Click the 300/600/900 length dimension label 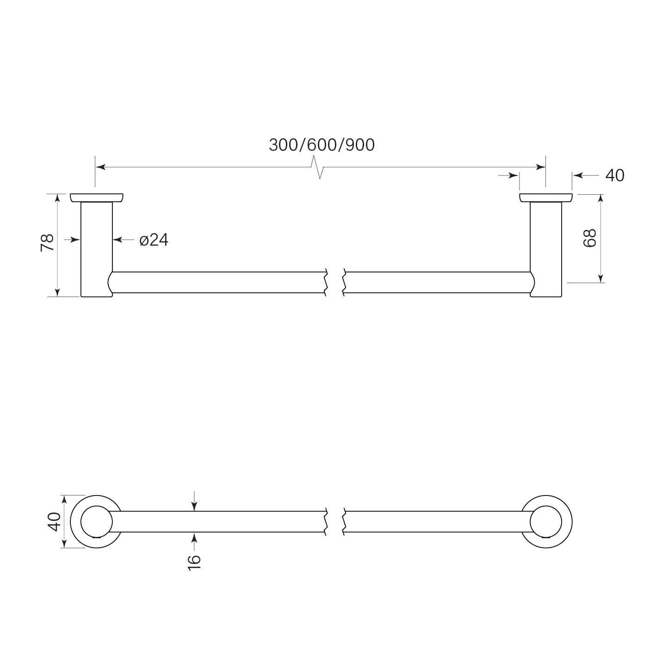click(322, 145)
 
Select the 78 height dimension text click(47, 243)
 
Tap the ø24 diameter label click(154, 240)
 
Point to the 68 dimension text click(590, 238)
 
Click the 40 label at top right click(615, 176)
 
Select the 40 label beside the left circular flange click(54, 521)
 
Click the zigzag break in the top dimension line click(317, 167)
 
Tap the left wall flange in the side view click(97, 198)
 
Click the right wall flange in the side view click(546, 198)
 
